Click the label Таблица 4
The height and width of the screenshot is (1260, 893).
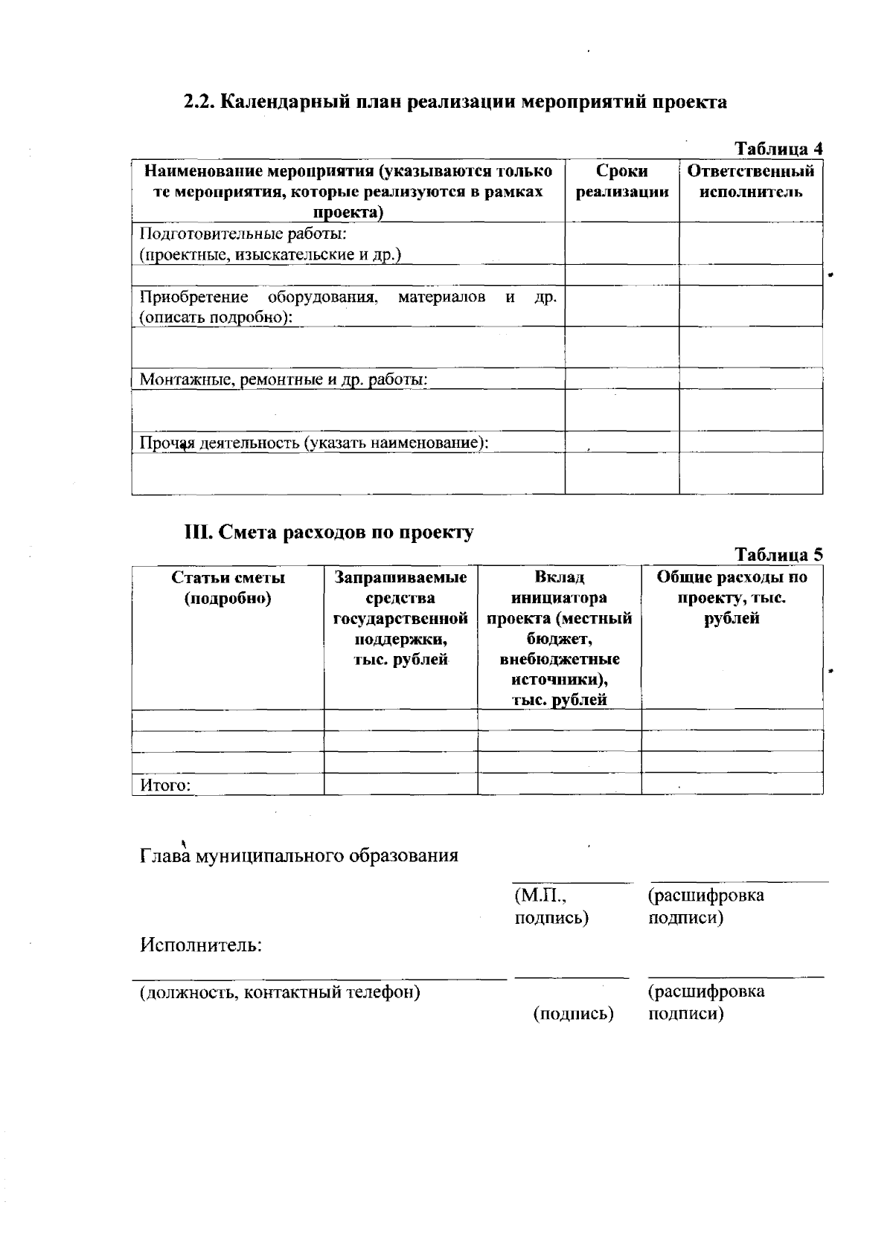[x=778, y=148]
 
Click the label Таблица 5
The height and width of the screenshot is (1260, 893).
[x=778, y=554]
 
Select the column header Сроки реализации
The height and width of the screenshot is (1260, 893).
[x=622, y=181]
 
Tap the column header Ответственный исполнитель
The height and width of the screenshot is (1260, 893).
[x=750, y=181]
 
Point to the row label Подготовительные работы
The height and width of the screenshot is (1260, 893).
[x=243, y=234]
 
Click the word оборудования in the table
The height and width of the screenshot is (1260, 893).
[x=323, y=298]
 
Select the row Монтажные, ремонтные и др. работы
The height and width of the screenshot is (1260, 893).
[x=284, y=379]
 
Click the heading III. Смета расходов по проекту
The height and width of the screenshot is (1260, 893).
[x=329, y=533]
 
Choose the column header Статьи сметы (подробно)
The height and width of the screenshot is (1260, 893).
[x=228, y=588]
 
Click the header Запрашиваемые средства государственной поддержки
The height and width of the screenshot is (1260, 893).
[x=400, y=618]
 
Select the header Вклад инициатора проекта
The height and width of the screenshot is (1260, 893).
[x=559, y=638]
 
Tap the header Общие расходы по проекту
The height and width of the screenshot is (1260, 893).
[x=732, y=597]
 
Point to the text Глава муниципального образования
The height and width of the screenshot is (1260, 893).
[x=299, y=855]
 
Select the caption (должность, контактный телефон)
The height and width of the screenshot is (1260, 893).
[x=280, y=992]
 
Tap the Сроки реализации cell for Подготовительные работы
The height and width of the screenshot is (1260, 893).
[x=621, y=243]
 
